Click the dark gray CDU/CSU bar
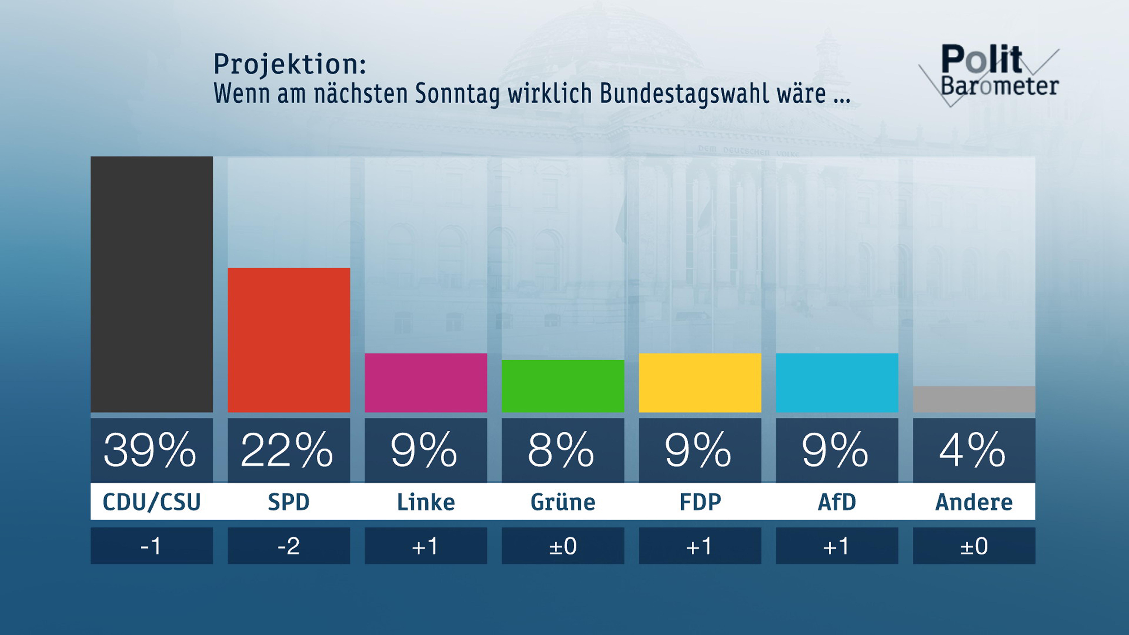(x=152, y=284)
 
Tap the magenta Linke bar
(x=426, y=383)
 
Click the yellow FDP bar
(x=700, y=383)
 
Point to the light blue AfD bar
(x=837, y=383)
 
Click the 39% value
(x=150, y=450)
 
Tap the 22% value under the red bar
(x=287, y=450)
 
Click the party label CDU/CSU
(x=152, y=502)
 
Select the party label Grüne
(x=563, y=502)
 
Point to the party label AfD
(x=837, y=502)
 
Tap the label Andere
(x=974, y=502)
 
